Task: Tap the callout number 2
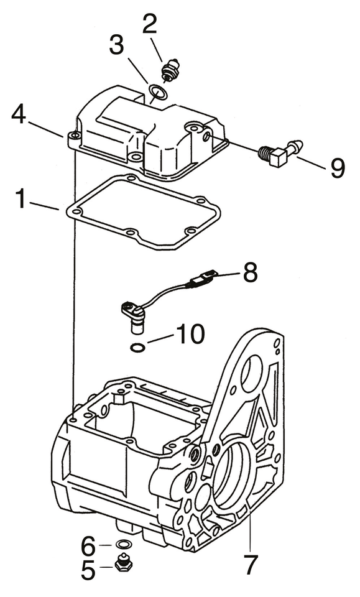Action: pyautogui.click(x=150, y=25)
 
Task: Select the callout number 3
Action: pyautogui.click(x=117, y=45)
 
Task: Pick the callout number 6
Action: pyautogui.click(x=88, y=546)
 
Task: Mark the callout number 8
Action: pyautogui.click(x=250, y=272)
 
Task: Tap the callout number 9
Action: pyautogui.click(x=338, y=168)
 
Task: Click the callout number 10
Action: pyautogui.click(x=190, y=335)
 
